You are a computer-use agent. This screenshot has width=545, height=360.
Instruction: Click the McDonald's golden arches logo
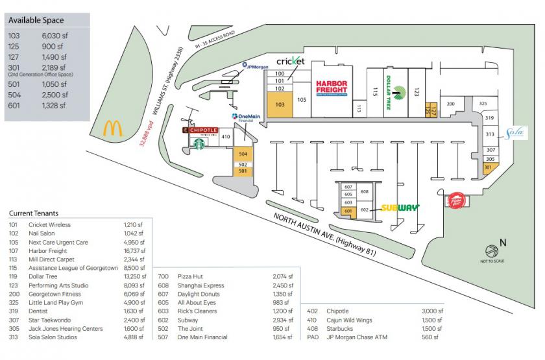tap(112, 128)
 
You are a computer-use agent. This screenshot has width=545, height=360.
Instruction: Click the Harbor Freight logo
tap(332, 88)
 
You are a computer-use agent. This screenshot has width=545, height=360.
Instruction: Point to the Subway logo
tap(399, 208)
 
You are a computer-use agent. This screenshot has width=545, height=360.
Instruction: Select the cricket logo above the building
tap(290, 61)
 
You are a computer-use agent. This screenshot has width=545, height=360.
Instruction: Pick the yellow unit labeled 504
tap(243, 154)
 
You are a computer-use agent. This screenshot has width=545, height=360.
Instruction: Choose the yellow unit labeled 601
tap(348, 211)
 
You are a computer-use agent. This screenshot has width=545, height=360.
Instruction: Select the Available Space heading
tap(37, 20)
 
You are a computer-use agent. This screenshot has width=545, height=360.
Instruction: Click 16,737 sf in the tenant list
tap(134, 251)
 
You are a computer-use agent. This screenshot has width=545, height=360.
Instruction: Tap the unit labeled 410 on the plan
tap(226, 137)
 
